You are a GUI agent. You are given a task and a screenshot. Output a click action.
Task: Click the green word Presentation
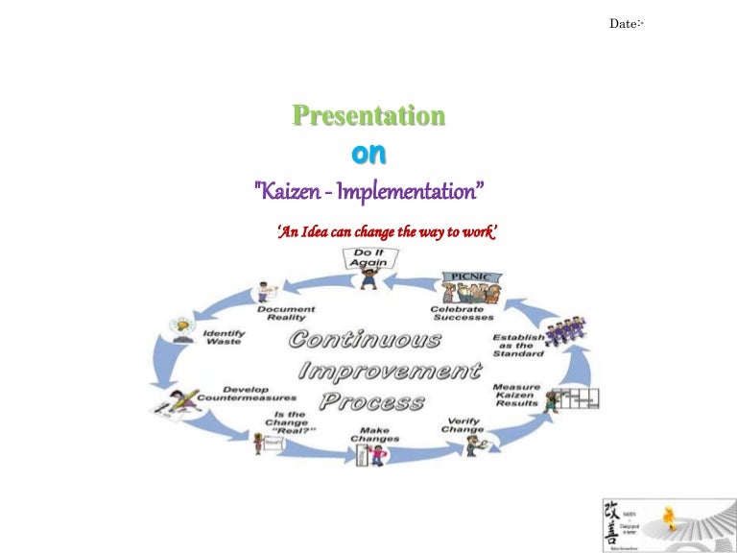pos(368,116)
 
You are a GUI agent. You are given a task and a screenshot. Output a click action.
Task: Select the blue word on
pos(368,154)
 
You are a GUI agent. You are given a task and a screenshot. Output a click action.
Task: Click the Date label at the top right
pos(625,23)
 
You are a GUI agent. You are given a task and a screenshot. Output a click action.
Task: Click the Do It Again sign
pos(368,257)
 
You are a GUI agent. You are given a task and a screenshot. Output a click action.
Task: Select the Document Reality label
pos(286,314)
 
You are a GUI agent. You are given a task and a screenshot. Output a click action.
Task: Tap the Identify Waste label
pos(225,337)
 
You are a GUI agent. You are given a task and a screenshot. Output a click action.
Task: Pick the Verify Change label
pos(463,424)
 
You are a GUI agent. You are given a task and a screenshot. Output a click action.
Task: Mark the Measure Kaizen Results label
pos(516,396)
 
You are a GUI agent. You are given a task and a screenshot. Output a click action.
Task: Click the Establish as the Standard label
pos(518,345)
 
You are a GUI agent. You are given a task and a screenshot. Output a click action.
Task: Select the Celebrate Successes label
pos(462,313)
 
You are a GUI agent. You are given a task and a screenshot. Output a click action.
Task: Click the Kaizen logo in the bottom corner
pos(663,524)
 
